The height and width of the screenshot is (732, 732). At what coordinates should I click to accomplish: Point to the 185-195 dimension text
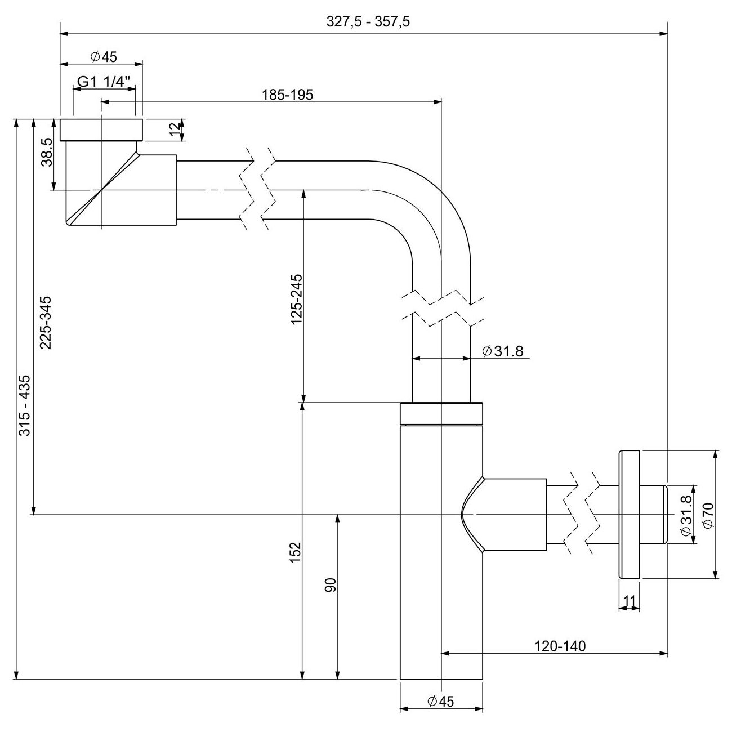(287, 95)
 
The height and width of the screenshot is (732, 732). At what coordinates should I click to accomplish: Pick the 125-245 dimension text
(297, 298)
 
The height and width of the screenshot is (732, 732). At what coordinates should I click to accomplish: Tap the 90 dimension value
(331, 585)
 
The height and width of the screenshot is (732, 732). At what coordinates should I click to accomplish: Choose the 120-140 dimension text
(560, 646)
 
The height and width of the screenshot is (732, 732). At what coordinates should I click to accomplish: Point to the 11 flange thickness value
(630, 601)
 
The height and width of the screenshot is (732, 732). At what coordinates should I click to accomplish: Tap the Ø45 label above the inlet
(102, 56)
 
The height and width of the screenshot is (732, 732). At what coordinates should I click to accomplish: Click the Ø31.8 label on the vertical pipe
(503, 351)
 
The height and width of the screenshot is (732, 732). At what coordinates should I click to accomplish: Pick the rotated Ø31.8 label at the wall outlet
(685, 515)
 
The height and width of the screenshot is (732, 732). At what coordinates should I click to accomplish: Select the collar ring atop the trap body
(441, 413)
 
